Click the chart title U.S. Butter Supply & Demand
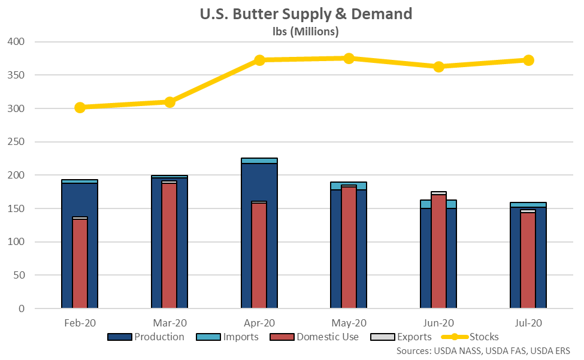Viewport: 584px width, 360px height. [x=305, y=14]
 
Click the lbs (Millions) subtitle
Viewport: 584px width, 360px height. [x=305, y=31]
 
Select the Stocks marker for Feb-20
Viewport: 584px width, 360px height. [x=80, y=108]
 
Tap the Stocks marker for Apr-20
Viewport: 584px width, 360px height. [x=259, y=60]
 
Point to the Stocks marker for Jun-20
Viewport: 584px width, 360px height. [x=438, y=66]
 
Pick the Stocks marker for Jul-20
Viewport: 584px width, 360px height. [x=528, y=60]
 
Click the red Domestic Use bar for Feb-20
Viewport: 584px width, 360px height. [x=80, y=264]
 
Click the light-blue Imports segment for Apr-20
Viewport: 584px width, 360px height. [x=259, y=161]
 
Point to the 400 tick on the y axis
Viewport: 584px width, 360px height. [x=19, y=42]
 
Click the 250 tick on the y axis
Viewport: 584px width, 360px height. [x=19, y=142]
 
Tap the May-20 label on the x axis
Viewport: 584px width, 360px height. [x=349, y=322]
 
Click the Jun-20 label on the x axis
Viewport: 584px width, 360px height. [x=438, y=322]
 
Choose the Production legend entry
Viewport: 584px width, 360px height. [x=146, y=337]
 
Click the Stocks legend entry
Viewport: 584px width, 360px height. [x=473, y=337]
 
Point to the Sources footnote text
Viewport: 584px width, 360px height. [x=483, y=350]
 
